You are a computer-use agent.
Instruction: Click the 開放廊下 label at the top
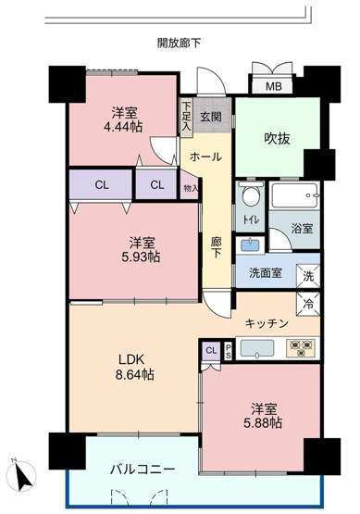click(x=179, y=43)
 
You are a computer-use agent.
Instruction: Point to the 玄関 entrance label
click(x=210, y=117)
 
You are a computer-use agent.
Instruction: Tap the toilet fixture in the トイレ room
click(x=249, y=196)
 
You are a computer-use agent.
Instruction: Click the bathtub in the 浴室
click(x=295, y=195)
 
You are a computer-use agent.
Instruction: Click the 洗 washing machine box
click(x=307, y=275)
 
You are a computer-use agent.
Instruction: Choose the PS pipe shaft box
click(x=228, y=349)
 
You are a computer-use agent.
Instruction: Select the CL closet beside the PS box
click(x=211, y=349)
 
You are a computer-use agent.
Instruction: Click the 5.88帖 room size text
click(x=263, y=415)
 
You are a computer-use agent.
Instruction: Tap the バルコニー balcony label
click(x=143, y=469)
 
